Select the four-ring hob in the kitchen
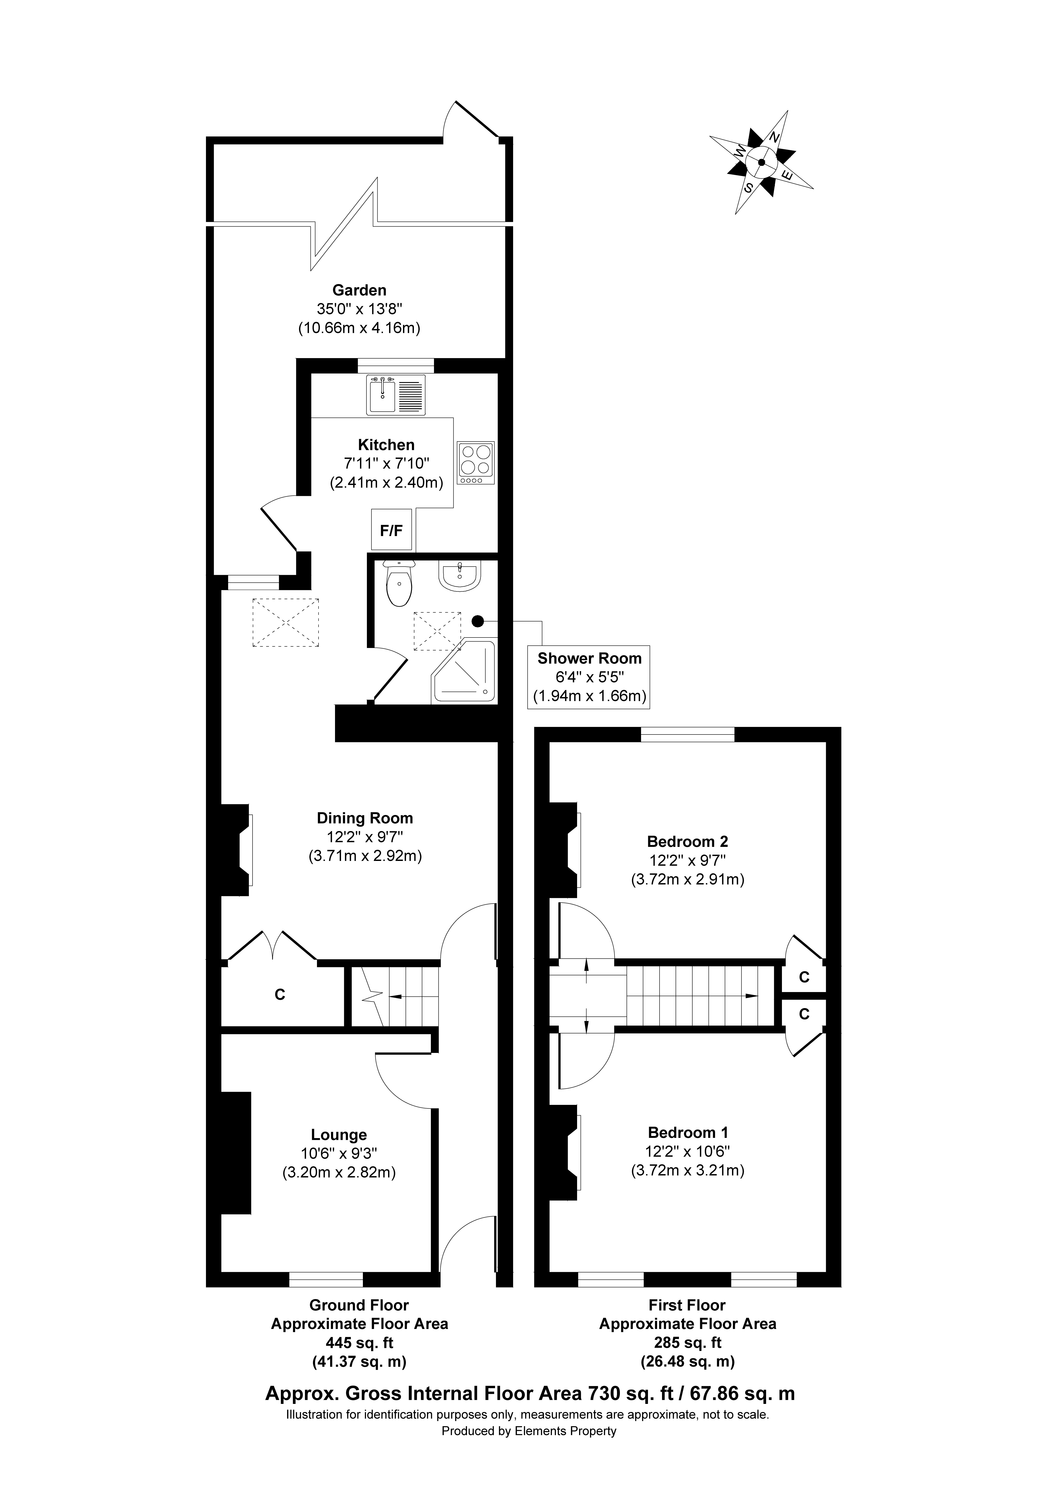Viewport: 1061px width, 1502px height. click(x=476, y=462)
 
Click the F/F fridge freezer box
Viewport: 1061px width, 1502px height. click(x=391, y=530)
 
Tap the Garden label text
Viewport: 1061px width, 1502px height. click(x=359, y=290)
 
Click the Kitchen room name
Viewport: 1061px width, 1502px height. click(x=386, y=445)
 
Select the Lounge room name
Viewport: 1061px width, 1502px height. click(x=339, y=1135)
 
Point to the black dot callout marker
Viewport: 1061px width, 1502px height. click(x=477, y=620)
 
